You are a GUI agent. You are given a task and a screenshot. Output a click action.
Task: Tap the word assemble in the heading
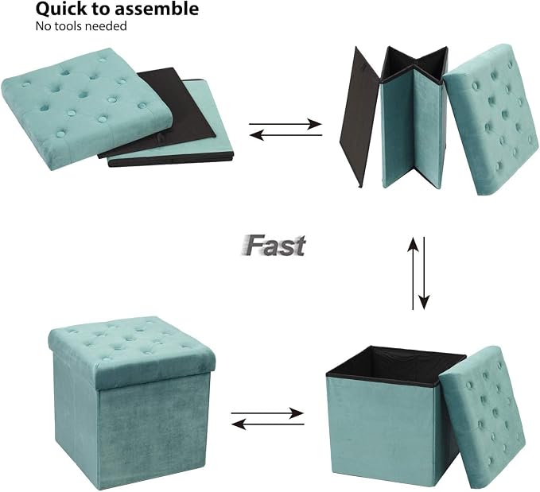[x=157, y=9]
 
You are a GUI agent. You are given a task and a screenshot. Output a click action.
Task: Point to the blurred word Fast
[x=273, y=246]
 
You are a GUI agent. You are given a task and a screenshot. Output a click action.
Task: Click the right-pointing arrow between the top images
[x=286, y=124]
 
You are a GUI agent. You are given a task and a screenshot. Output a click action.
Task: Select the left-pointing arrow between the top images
[x=286, y=135]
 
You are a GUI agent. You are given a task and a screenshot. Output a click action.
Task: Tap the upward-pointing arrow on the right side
[x=413, y=273]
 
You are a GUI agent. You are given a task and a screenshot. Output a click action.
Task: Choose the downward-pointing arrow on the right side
[x=424, y=273]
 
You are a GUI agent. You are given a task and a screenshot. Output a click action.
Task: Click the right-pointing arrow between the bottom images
[x=267, y=413]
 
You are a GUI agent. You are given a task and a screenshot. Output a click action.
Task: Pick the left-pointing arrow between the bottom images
[x=267, y=424]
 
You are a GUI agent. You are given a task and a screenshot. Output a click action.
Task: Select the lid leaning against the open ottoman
[x=482, y=416]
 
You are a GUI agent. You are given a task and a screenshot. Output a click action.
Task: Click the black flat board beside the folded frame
[x=360, y=117]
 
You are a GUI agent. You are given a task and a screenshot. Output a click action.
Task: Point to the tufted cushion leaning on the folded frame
[x=491, y=118]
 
